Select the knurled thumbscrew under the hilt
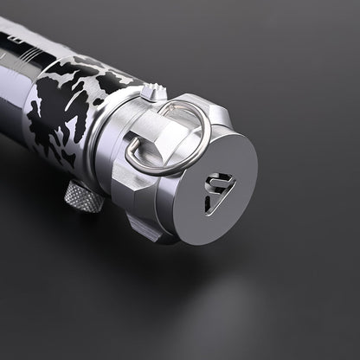pos(83,196)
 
